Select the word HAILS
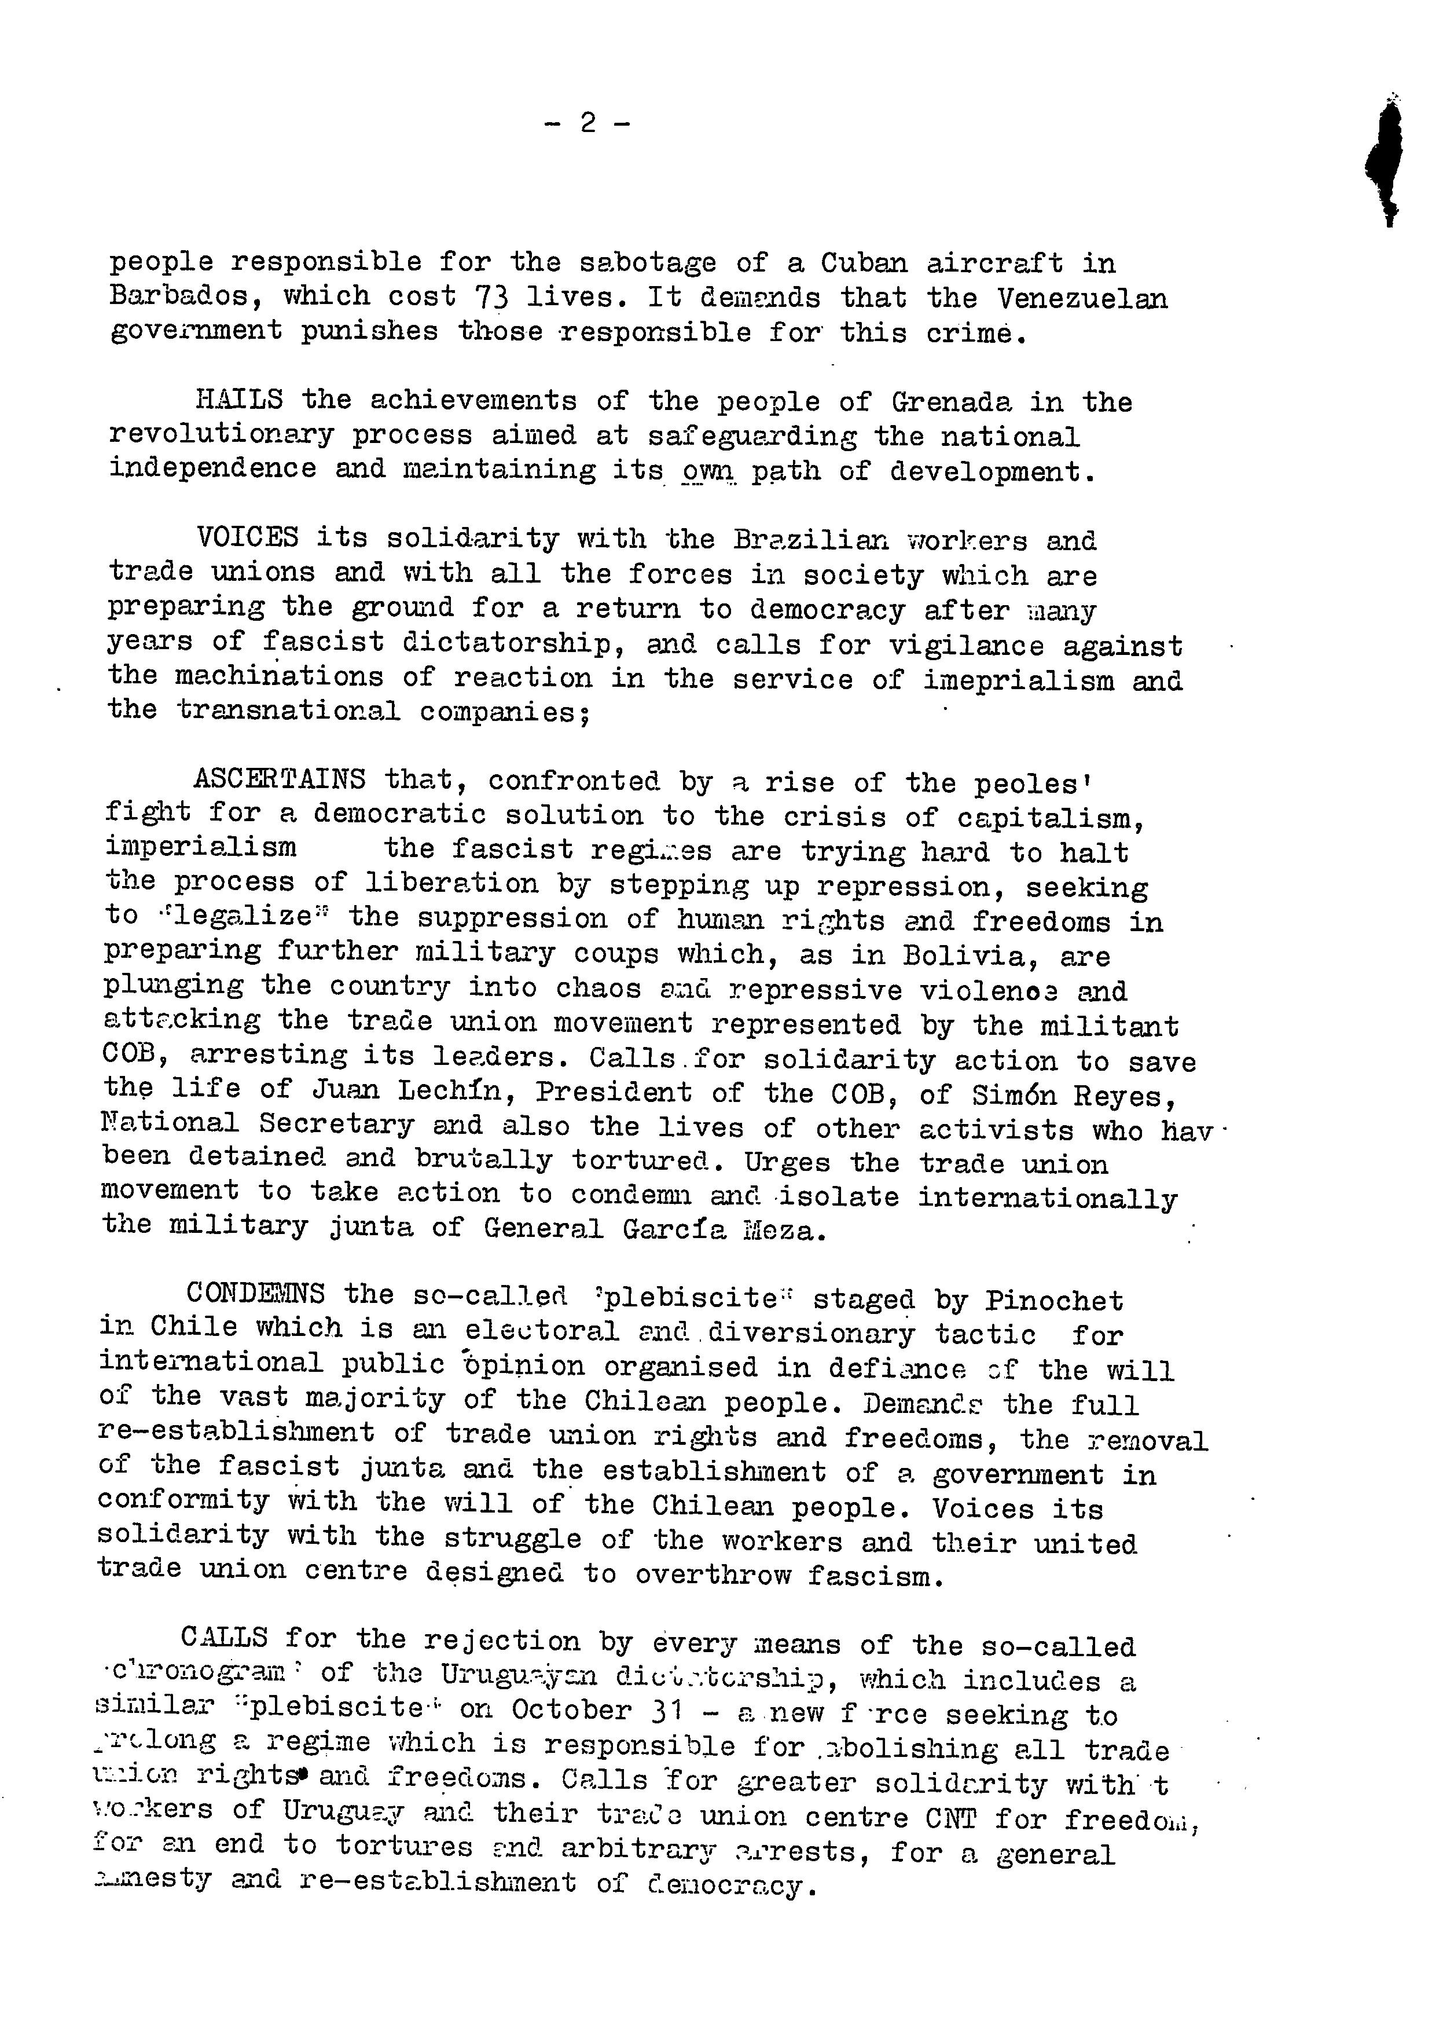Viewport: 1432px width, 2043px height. (x=239, y=400)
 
